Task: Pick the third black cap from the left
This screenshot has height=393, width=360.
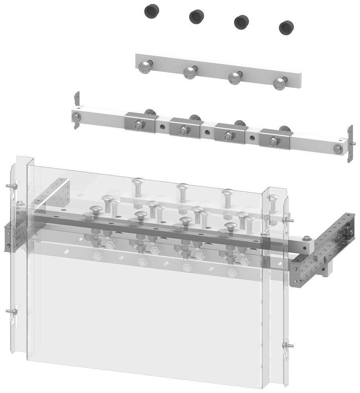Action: [x=241, y=22]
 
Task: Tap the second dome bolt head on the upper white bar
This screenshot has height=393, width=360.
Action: [x=190, y=72]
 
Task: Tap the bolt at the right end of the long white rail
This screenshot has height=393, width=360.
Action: [x=338, y=148]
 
